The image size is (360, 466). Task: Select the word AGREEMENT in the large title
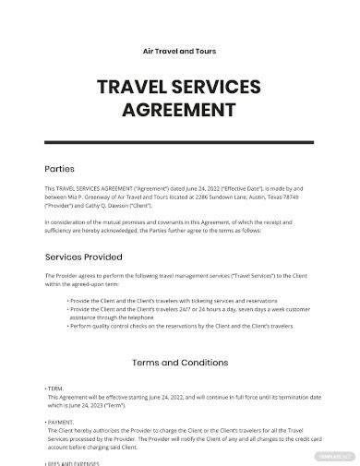[180, 114]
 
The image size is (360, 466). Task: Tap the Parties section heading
[60, 169]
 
